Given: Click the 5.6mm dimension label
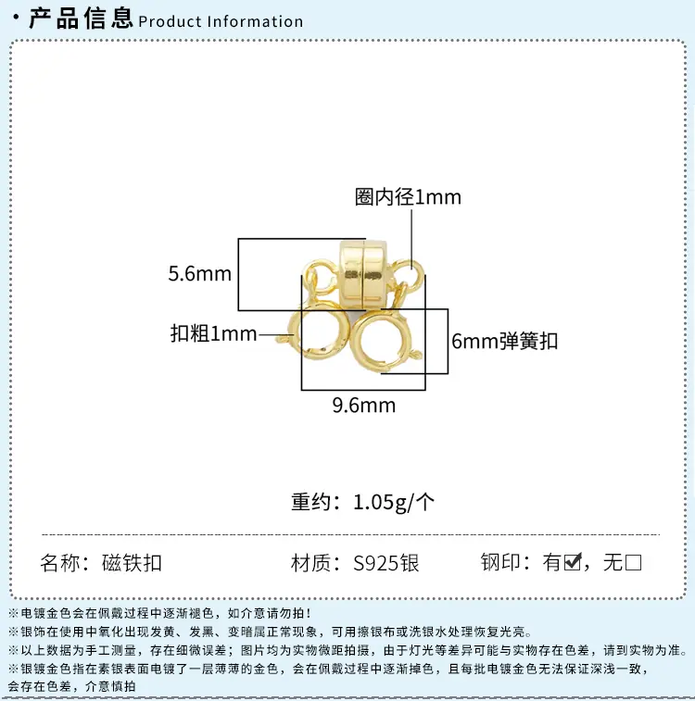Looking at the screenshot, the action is tap(199, 273).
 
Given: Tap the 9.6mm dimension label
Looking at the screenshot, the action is tap(363, 405).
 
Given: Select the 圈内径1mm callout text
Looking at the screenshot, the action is tap(408, 197).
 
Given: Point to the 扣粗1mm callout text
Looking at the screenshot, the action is tap(214, 333).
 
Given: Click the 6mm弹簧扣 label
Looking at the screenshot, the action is tap(504, 341).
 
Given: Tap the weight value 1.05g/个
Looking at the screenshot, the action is tap(394, 502).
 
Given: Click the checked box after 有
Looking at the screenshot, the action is tap(573, 562).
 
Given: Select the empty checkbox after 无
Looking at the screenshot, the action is tap(633, 562).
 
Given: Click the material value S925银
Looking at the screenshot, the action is tap(386, 563).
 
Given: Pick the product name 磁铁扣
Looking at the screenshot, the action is tap(132, 563).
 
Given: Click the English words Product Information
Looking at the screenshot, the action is tap(221, 21).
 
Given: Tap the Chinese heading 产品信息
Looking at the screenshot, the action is tap(81, 18).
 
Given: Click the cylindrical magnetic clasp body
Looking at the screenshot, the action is tap(362, 274).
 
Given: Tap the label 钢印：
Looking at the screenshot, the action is tap(505, 562).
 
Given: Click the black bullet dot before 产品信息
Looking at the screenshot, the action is tap(17, 18).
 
